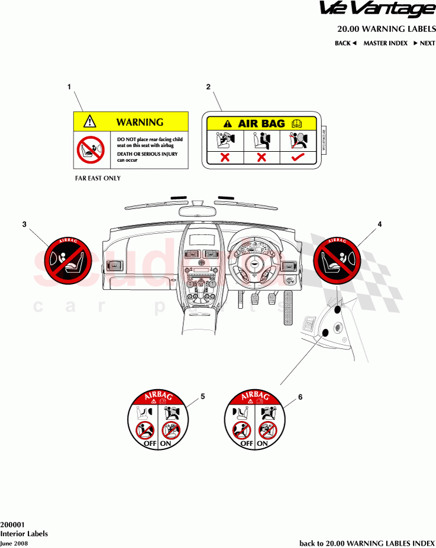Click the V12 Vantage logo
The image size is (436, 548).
pos(377,10)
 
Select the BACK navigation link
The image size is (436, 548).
pos(345,43)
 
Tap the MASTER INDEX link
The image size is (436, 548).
pos(385,43)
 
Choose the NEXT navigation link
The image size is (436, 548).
pos(424,43)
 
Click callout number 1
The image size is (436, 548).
pos(69,87)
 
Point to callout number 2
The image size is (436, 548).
pos(208,87)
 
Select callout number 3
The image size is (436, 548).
pos(24,224)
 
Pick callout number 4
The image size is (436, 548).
pos(380,224)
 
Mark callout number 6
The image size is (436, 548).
pos(300,397)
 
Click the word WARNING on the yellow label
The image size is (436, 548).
pos(140,122)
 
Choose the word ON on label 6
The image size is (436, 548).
pos(262,443)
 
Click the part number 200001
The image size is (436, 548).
pos(12,524)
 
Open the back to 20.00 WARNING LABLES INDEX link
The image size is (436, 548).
pos(367,543)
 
